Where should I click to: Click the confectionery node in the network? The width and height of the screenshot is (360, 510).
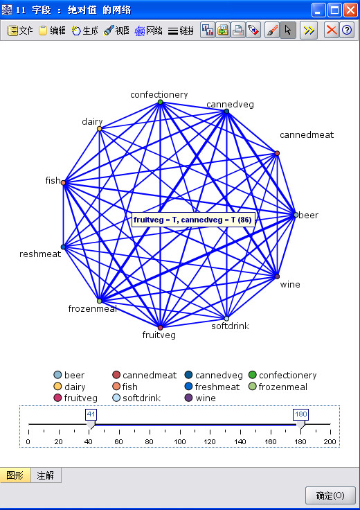point(160,102)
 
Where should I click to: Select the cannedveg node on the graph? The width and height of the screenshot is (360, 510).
point(226,112)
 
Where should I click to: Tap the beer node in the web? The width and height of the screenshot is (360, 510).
point(296,215)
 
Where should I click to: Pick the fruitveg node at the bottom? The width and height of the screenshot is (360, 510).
point(160,327)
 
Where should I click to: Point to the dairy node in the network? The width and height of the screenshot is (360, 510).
point(100,129)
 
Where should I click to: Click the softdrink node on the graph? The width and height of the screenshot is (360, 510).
point(226,318)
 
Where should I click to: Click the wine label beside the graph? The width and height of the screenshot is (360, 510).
point(290,285)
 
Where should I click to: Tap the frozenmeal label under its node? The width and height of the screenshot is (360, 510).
point(93,308)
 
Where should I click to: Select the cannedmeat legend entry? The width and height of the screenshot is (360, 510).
point(145,376)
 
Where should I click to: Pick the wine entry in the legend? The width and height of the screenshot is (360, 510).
point(200,398)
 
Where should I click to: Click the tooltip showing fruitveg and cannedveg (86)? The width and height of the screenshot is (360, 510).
point(192,220)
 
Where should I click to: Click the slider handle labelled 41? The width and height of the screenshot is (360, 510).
point(91,424)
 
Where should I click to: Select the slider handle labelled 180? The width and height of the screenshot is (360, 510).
point(301,424)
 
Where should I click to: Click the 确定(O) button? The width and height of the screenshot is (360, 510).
point(330,495)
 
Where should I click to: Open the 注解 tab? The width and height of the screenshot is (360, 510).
point(46,475)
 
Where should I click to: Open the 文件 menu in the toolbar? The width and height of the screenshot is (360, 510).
point(20,30)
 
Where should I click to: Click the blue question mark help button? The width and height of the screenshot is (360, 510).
point(347,30)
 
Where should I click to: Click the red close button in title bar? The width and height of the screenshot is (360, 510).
point(350,10)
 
